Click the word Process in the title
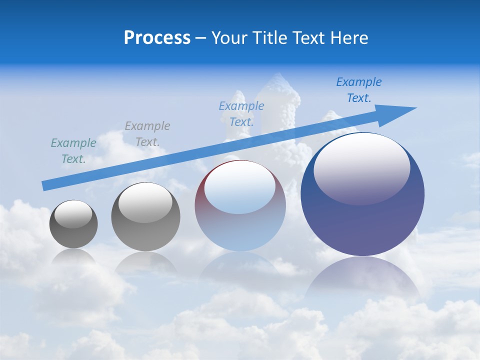tap(157, 38)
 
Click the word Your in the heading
tap(229, 38)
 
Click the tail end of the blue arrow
tap(45, 185)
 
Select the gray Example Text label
tap(147, 134)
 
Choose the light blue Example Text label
tap(241, 113)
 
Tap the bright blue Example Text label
tap(359, 90)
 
